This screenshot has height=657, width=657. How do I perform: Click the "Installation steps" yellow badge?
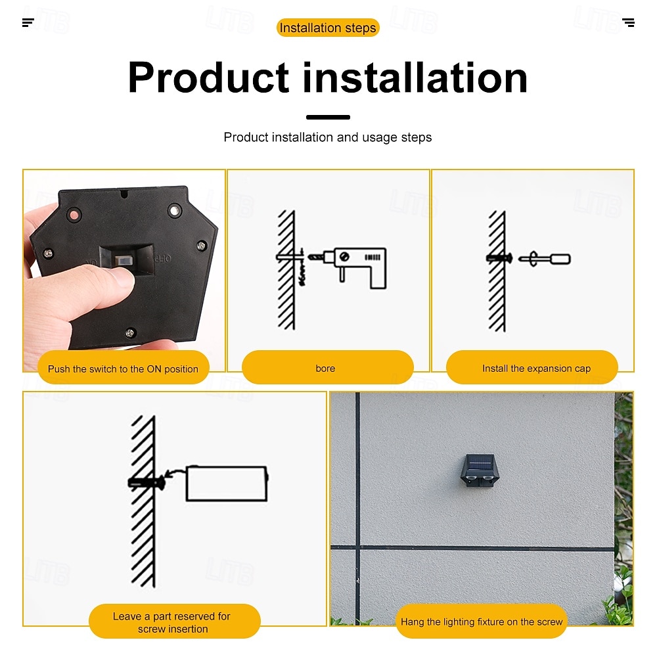328,28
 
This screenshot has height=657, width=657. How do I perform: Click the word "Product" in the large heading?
209,78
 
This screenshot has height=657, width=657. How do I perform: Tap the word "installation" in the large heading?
415,78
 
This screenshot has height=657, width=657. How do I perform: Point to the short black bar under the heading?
328,118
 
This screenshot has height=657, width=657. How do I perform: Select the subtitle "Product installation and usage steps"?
328,137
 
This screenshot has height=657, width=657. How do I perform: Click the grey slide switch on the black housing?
124,261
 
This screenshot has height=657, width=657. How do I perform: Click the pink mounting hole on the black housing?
74,215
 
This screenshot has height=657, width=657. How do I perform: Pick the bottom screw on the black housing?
130,333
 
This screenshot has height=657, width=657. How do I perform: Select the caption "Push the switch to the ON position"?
124,369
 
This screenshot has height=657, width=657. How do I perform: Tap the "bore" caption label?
325,369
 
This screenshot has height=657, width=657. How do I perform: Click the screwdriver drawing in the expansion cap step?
545,259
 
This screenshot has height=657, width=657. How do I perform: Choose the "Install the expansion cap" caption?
536,369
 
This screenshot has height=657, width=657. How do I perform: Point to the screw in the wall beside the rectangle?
147,483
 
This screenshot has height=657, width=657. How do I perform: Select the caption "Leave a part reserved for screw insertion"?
172,623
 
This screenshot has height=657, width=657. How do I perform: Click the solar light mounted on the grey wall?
480,470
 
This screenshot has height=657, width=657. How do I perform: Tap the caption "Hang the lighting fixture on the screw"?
482,622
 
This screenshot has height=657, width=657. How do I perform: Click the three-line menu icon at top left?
28,22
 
